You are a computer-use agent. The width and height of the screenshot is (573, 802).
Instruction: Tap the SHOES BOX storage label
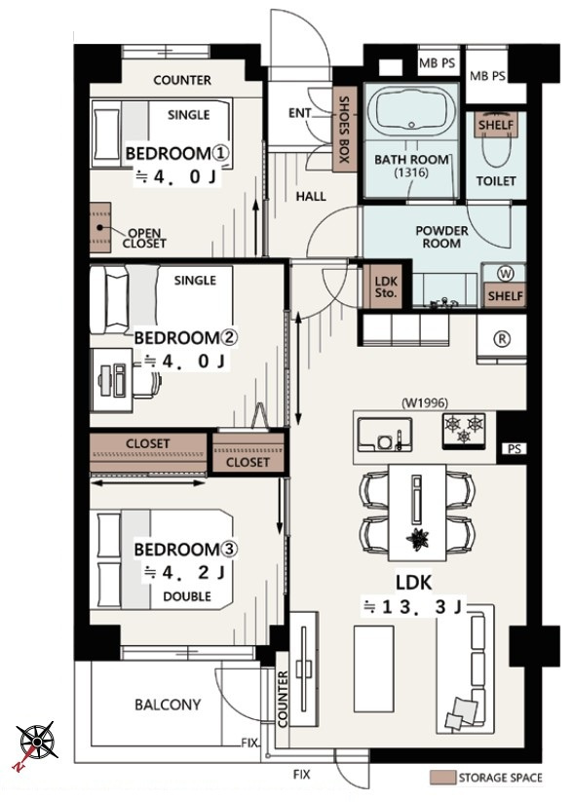(344, 130)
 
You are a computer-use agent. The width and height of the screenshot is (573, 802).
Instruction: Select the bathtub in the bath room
(411, 111)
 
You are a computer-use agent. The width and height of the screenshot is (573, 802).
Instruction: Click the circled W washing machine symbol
(505, 274)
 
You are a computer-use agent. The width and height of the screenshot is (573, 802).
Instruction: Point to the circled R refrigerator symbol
(502, 338)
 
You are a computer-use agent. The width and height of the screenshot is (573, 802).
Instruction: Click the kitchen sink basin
(385, 435)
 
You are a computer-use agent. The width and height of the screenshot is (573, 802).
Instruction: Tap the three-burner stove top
(464, 430)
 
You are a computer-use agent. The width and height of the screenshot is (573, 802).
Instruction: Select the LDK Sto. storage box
(386, 286)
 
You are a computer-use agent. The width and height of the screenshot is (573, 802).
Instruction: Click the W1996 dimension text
(424, 403)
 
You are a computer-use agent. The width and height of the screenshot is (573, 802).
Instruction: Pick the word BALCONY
(168, 705)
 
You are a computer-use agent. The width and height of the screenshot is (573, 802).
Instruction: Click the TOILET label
(496, 181)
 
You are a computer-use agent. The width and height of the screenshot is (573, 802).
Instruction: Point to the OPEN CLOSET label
(144, 239)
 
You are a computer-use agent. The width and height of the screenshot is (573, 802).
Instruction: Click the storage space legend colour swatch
(442, 778)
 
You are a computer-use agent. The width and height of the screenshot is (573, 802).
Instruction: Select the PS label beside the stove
(515, 449)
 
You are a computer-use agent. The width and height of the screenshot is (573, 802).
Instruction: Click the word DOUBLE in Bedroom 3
(187, 596)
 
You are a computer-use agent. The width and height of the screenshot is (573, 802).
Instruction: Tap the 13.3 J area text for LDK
(413, 607)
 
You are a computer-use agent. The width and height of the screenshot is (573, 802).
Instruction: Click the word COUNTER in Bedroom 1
(182, 80)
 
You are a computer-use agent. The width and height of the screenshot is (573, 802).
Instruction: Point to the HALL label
(311, 197)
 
